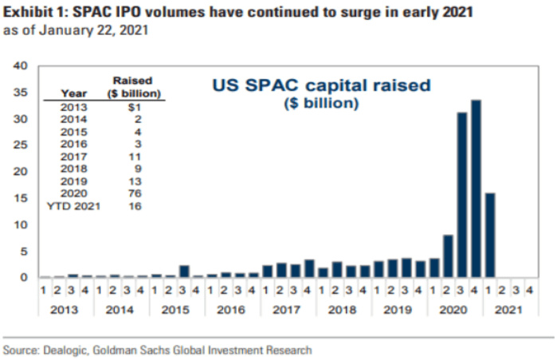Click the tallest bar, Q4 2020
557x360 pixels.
tap(476, 189)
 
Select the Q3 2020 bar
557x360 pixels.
tap(461, 195)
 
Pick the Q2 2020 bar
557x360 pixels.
tap(448, 256)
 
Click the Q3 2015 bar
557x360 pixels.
tap(184, 272)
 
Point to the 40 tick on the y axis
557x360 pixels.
tap(23, 66)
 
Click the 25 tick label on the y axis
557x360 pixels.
tap(23, 146)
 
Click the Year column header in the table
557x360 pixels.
tap(73, 93)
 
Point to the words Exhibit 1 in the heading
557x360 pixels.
tap(32, 13)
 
